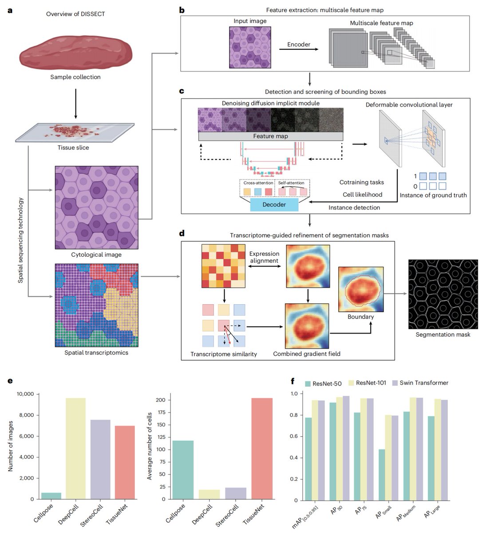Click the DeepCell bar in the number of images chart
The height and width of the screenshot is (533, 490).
[76, 448]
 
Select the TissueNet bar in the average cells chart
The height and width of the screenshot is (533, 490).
[262, 448]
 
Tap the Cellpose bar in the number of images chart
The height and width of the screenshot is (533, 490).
[51, 496]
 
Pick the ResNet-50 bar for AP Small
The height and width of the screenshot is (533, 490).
[382, 475]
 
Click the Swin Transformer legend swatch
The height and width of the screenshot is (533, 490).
[395, 383]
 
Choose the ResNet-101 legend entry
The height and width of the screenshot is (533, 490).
[367, 383]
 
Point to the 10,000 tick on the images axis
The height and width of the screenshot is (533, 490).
[25, 394]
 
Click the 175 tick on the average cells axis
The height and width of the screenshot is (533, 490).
[160, 412]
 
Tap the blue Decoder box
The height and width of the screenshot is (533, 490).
[274, 205]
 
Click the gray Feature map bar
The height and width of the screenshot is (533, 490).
[271, 136]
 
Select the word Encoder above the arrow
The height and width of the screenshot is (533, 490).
[299, 44]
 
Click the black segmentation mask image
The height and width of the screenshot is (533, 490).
[443, 294]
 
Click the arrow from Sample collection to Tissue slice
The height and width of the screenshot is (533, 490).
[76, 103]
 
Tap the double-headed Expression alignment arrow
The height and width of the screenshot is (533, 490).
[264, 266]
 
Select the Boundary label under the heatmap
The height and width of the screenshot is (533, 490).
[360, 317]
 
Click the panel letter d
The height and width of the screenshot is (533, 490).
[182, 233]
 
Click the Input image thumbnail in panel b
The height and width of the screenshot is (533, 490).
[250, 47]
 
